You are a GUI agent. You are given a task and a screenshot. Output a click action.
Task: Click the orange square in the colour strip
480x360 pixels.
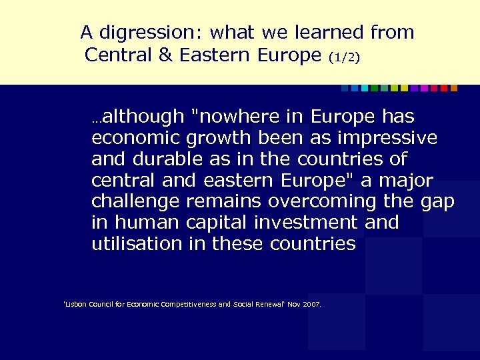click(x=454, y=87)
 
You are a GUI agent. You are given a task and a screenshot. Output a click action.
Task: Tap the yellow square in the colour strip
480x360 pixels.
click(x=404, y=87)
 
